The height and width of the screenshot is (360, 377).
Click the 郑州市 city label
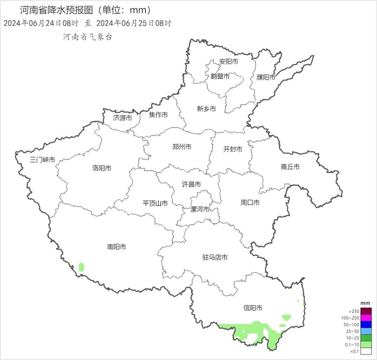click(181, 147)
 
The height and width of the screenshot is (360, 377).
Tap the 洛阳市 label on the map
click(101, 168)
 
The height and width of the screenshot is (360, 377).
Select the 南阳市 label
click(116, 247)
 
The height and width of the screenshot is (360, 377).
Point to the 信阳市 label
click(253, 308)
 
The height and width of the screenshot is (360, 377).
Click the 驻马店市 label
click(214, 258)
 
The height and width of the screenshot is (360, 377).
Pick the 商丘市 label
click(290, 167)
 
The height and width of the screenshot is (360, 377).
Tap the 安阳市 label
click(228, 62)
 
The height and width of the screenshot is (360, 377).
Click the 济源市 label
click(122, 117)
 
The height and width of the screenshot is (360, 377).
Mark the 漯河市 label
click(201, 209)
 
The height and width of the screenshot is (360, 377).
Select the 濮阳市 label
click(266, 77)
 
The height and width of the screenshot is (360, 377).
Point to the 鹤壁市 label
click(220, 76)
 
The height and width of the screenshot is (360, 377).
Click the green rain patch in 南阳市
click(81, 266)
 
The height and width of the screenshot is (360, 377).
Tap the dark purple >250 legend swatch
click(366, 311)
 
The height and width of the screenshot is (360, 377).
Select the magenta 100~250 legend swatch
click(366, 317)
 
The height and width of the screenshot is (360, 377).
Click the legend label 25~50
click(353, 331)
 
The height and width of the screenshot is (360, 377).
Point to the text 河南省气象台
click(88, 37)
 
